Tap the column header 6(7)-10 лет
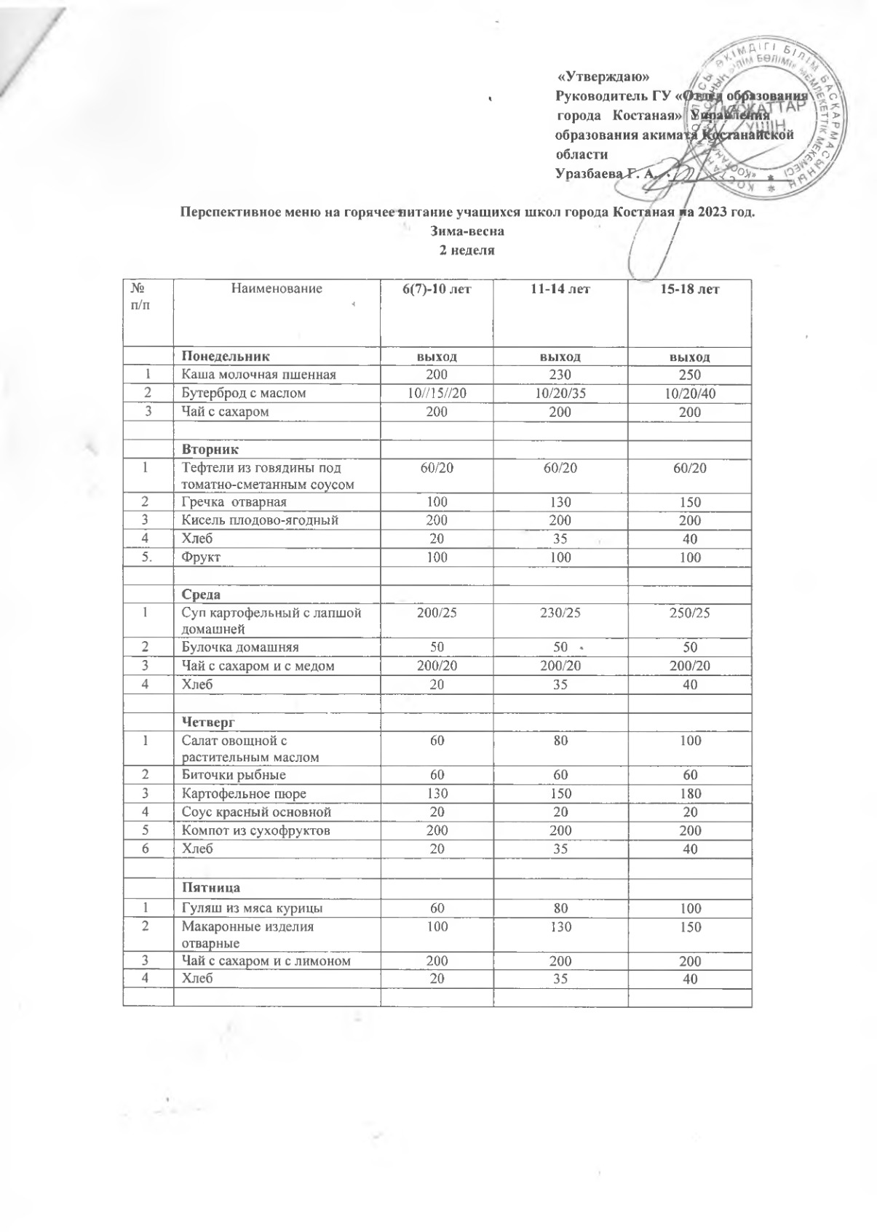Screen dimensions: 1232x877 [437, 289]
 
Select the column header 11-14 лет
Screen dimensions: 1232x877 [560, 289]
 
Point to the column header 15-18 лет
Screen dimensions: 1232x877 [689, 289]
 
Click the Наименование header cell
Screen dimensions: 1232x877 [276, 289]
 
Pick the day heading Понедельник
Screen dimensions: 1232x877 [225, 357]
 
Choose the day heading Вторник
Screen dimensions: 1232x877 [211, 449]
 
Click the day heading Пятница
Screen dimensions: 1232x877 [211, 888]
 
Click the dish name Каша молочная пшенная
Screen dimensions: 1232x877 [258, 375]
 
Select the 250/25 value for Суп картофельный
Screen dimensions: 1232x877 [689, 613]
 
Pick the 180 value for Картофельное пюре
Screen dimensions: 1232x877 [689, 793]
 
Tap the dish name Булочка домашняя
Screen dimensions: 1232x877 [240, 647]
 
